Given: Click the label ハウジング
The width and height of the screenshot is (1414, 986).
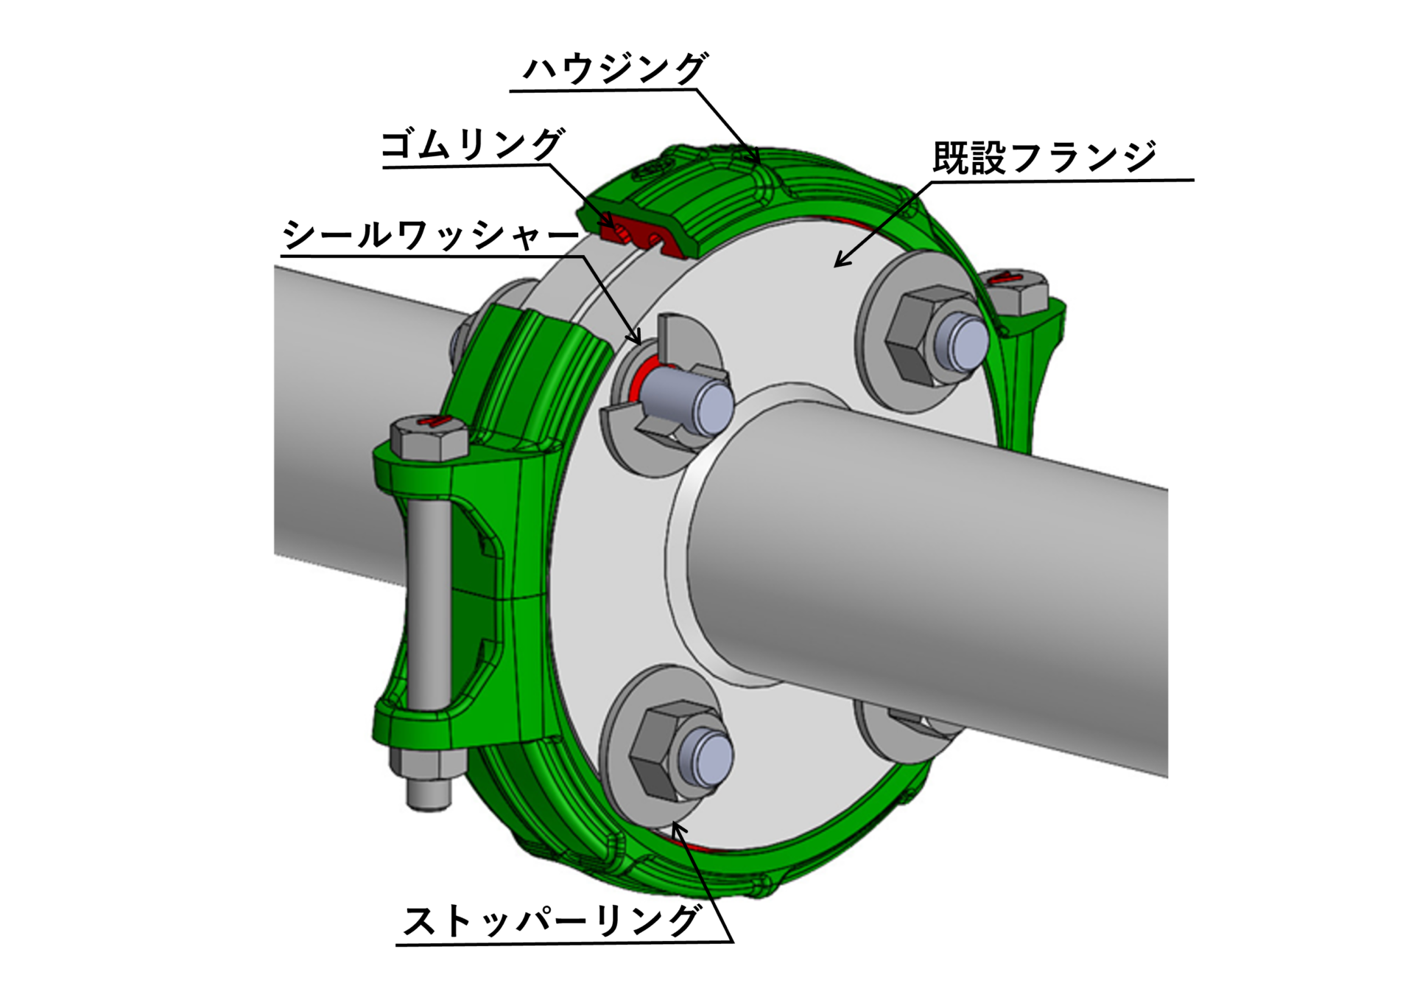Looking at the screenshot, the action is click(x=615, y=69).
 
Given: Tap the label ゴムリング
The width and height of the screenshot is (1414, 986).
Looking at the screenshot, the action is click(x=472, y=145).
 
